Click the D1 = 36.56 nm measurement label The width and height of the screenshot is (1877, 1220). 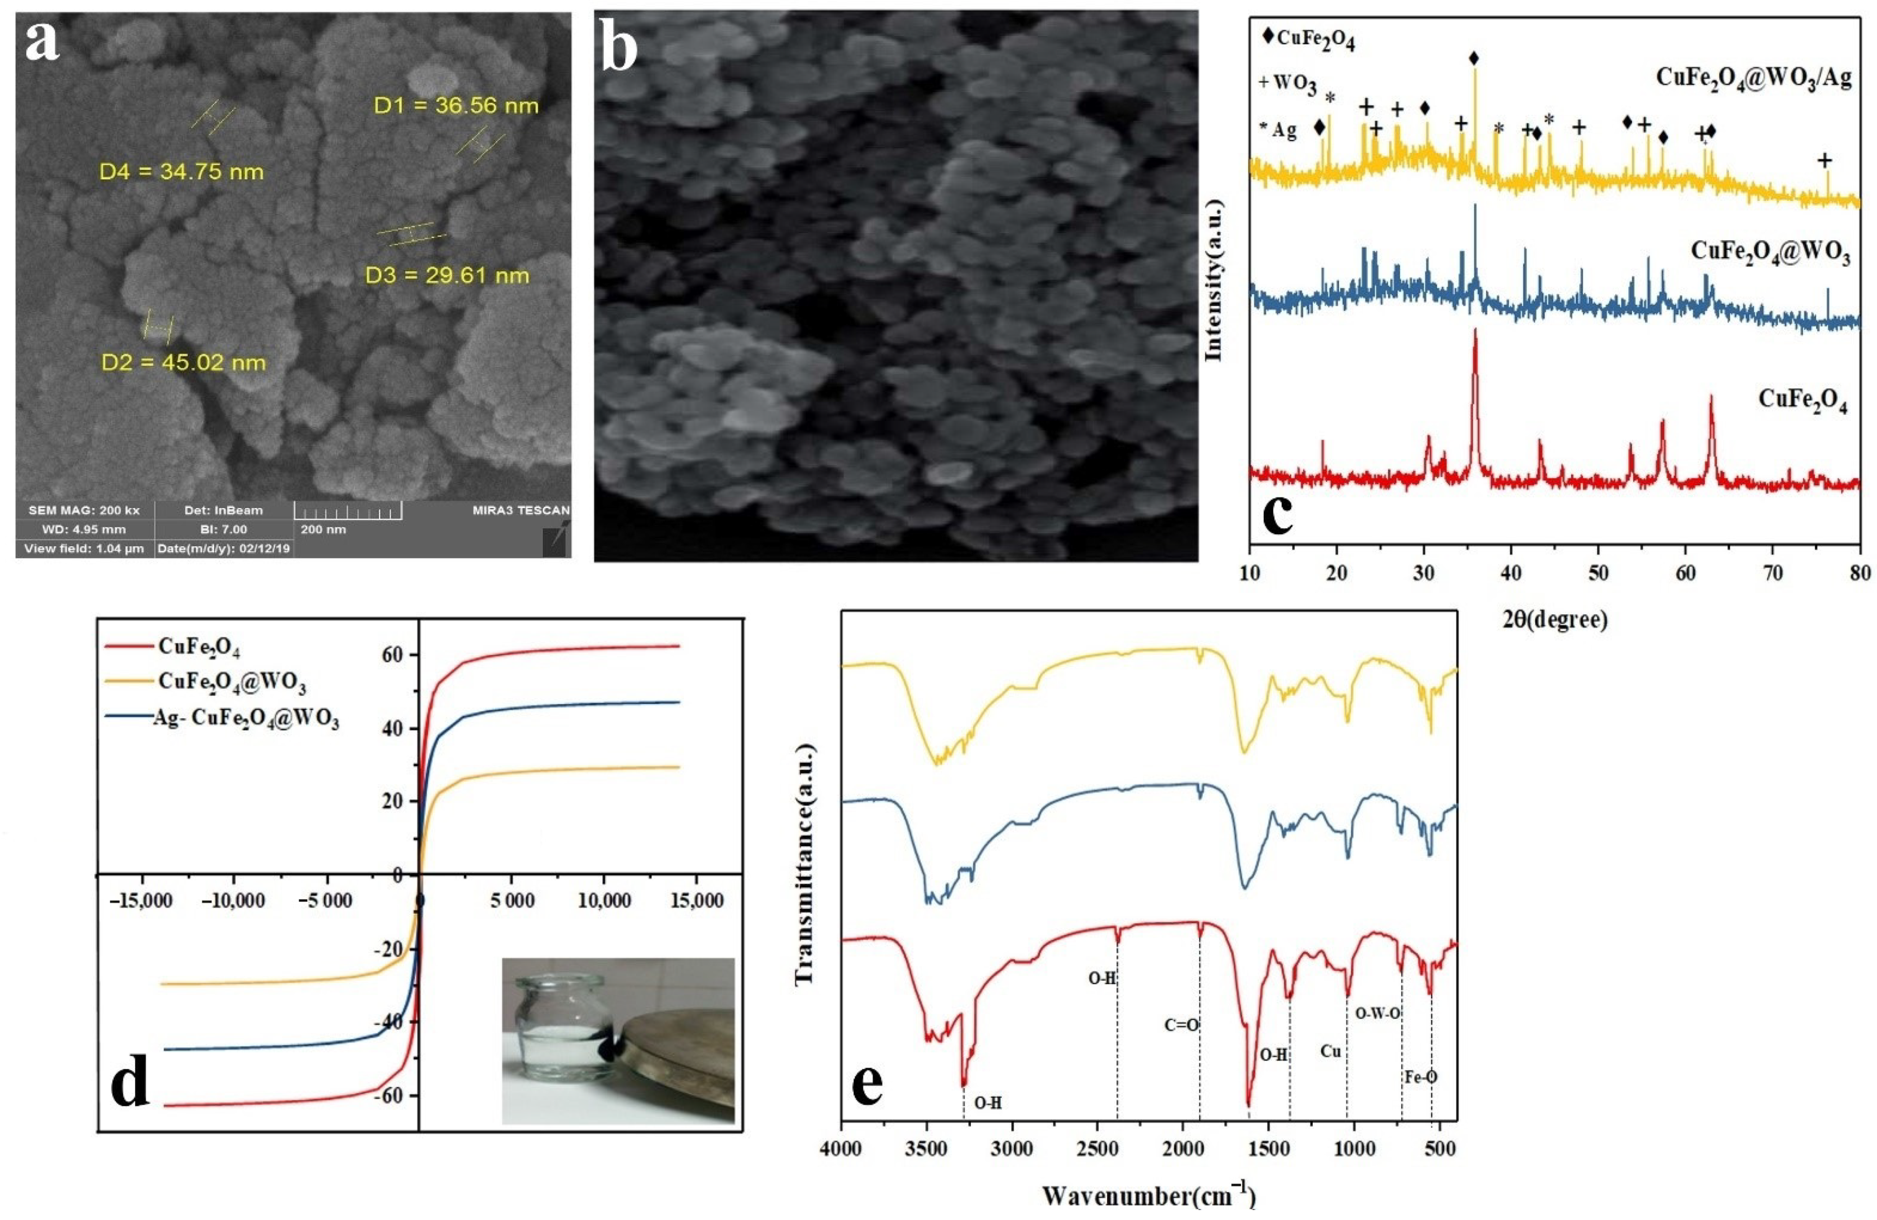pyautogui.click(x=456, y=106)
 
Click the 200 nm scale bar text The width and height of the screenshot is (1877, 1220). pyautogui.click(x=323, y=529)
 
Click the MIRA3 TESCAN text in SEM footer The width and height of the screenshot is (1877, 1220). pyautogui.click(x=520, y=510)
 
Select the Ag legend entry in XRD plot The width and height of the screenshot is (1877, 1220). pyautogui.click(x=1278, y=131)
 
